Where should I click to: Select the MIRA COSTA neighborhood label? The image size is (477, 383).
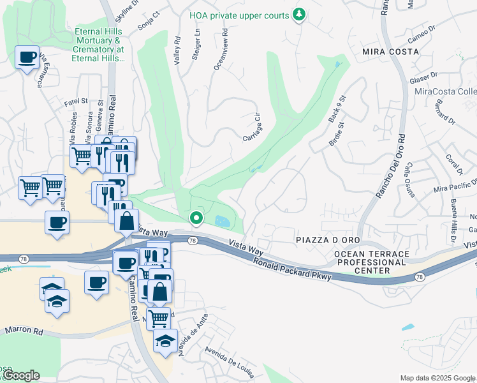387,50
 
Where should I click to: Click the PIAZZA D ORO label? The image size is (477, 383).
323,239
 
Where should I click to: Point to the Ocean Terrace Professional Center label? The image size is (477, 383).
363,262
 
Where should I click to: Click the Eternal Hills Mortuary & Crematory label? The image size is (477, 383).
99,44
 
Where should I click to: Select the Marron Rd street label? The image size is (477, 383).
24,331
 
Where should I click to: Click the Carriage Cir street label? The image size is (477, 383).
253,128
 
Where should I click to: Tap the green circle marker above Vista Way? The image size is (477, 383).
197,218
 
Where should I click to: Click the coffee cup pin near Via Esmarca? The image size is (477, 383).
27,58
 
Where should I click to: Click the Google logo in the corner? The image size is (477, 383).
20,375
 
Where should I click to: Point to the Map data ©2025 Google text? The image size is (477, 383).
437,378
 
